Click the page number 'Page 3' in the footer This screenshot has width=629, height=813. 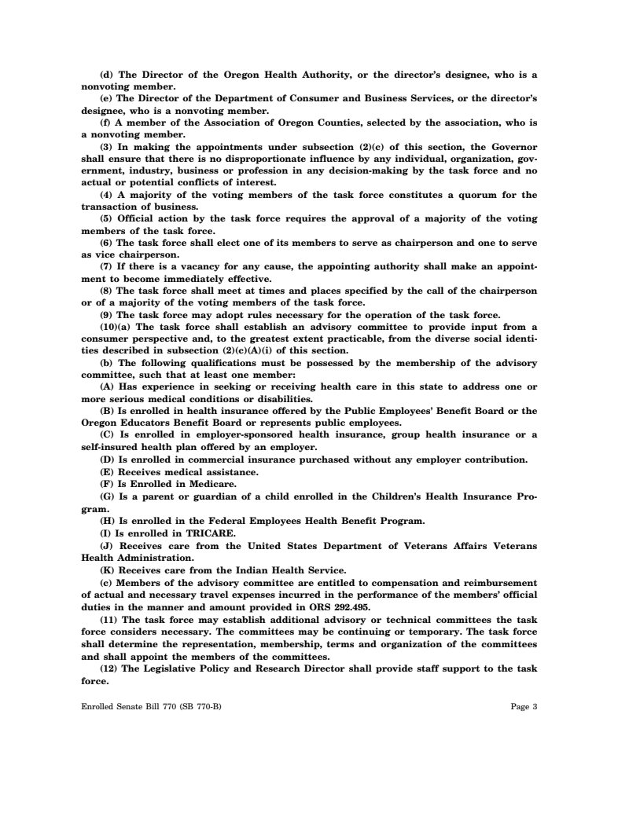click(x=524, y=706)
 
